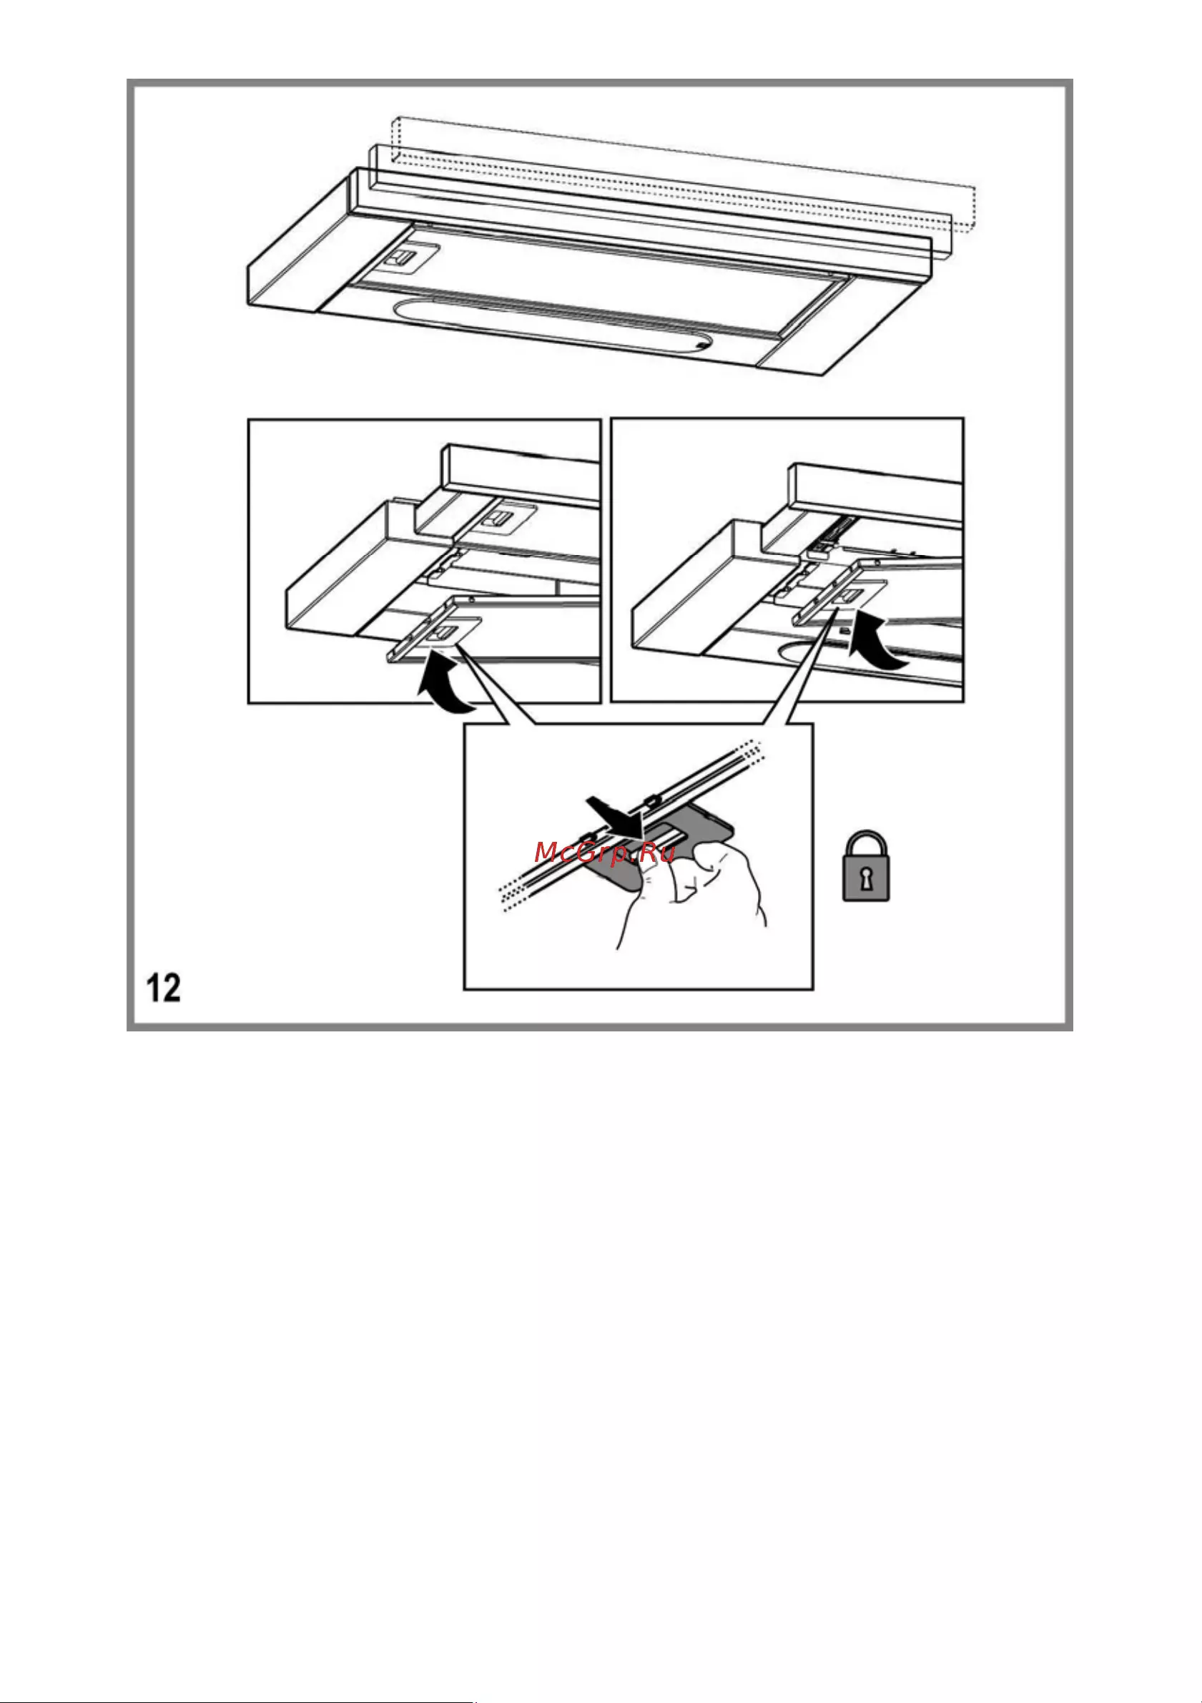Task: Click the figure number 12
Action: pyautogui.click(x=164, y=988)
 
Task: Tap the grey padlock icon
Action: pyautogui.click(x=866, y=866)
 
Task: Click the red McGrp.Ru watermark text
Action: pyautogui.click(x=604, y=853)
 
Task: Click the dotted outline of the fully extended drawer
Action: pyautogui.click(x=682, y=175)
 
